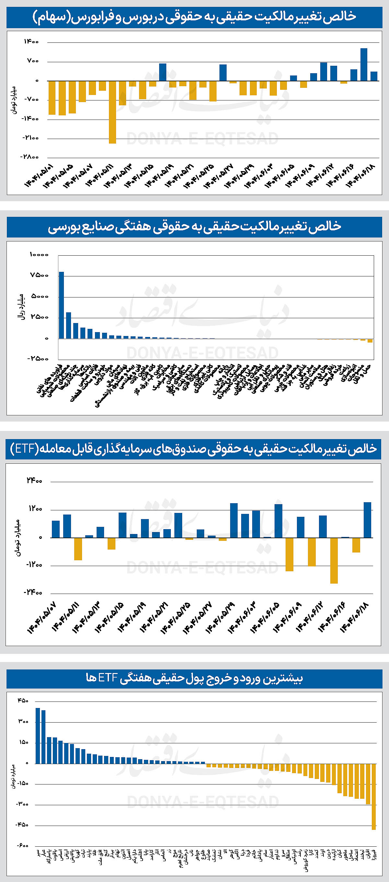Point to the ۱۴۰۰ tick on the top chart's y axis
click(x=31, y=42)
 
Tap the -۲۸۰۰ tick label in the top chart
click(x=29, y=157)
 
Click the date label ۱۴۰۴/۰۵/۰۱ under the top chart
click(x=39, y=175)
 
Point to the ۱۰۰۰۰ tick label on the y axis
click(x=39, y=255)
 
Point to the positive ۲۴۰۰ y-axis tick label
click(x=34, y=481)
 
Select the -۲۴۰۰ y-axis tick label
click(x=33, y=593)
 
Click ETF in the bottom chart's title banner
click(x=108, y=678)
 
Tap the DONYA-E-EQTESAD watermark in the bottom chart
click(x=203, y=802)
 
